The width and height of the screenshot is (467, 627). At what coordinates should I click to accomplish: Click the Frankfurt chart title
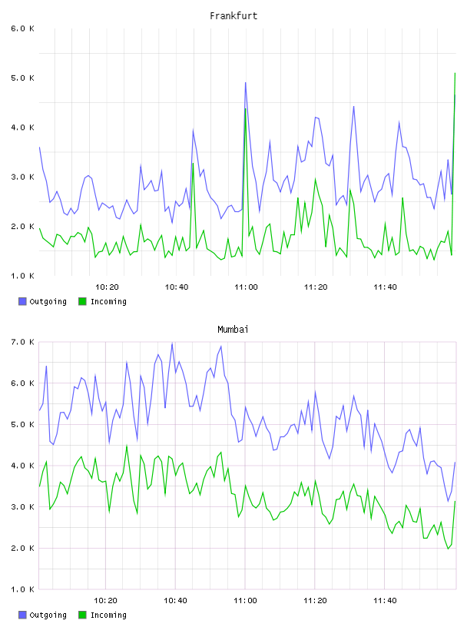233,16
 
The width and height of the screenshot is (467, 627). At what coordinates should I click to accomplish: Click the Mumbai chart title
233,330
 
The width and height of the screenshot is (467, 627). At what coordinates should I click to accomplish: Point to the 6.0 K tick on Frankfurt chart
23,28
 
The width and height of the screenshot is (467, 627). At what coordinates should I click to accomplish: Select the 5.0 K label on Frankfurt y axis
23,78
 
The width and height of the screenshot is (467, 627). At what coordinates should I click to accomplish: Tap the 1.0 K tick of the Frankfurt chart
23,276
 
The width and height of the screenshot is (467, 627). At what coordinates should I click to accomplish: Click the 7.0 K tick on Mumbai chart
23,342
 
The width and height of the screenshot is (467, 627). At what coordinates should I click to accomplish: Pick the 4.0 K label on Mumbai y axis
23,466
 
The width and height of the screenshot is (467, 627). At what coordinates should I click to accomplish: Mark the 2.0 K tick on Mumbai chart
23,548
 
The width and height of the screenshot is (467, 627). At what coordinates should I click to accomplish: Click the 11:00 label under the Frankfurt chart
246,287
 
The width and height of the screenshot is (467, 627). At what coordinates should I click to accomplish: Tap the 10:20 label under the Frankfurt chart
107,287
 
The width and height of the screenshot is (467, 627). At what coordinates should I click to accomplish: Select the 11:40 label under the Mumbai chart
385,601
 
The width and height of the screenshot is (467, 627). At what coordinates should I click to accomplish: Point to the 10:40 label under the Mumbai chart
176,601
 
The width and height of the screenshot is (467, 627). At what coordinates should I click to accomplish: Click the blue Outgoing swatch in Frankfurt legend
22,301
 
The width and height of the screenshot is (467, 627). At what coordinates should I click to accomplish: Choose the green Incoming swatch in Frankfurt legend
82,301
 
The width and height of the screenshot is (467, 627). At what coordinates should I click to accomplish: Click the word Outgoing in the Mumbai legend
48,615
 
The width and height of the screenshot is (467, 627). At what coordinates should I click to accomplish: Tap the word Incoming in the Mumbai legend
108,615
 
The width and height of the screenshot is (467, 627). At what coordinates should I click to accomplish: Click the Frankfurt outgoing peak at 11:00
246,83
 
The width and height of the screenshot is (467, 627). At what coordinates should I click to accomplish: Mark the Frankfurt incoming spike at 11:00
246,109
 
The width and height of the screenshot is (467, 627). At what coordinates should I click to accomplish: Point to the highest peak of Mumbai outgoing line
172,343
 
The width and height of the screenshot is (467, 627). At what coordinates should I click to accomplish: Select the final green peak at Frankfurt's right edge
455,73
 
